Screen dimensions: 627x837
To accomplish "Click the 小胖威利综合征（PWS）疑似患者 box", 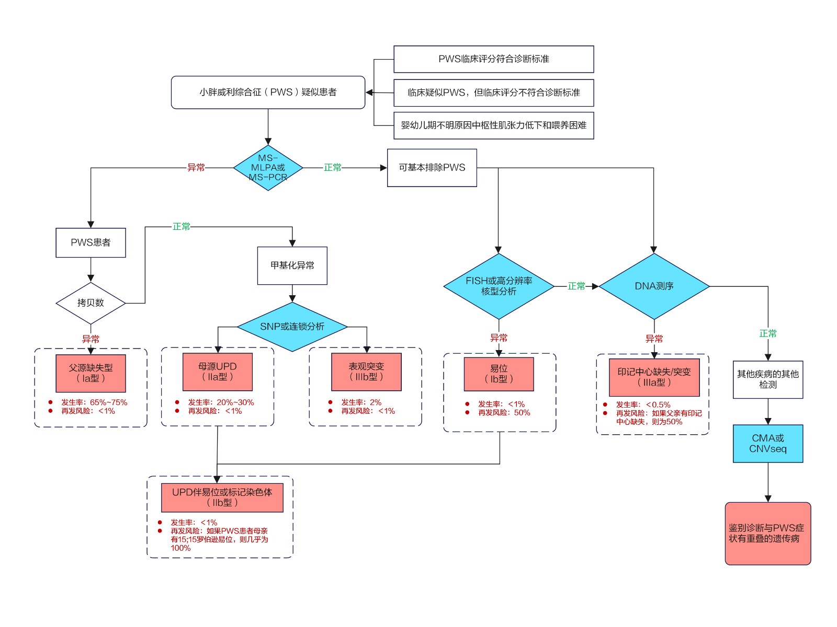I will pos(268,92).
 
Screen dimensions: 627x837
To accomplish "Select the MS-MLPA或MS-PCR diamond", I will pos(268,168).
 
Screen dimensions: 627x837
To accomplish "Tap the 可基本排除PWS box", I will pos(432,168).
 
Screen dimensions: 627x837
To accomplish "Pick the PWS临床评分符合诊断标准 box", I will pos(493,59).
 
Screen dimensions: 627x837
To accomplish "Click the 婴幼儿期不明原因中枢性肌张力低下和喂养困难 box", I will pos(493,125).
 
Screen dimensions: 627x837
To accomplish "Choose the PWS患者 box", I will pos(91,242).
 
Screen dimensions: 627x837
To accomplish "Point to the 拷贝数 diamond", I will pos(91,303).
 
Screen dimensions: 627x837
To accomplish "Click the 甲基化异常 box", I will pos(292,265).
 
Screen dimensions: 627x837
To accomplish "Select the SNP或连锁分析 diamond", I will pos(292,327).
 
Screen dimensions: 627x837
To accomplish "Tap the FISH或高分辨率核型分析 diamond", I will pos(499,286).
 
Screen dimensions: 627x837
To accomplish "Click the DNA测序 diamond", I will pos(654,286).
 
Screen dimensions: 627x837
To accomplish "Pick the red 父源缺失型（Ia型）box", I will pos(91,373).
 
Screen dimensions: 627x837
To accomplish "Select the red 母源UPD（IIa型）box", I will pos(217,372).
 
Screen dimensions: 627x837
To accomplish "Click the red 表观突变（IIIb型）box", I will pos(366,372).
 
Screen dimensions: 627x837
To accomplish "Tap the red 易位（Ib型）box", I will pos(499,374).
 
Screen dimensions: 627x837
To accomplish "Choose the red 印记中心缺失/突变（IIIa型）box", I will pos(654,377).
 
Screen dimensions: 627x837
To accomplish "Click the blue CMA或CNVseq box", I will pos(767,444).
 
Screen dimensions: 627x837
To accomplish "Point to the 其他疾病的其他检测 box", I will pos(767,379).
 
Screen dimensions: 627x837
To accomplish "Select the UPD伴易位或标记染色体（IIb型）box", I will pos(222,497).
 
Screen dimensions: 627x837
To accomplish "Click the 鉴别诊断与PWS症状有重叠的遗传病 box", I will pos(767,533).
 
